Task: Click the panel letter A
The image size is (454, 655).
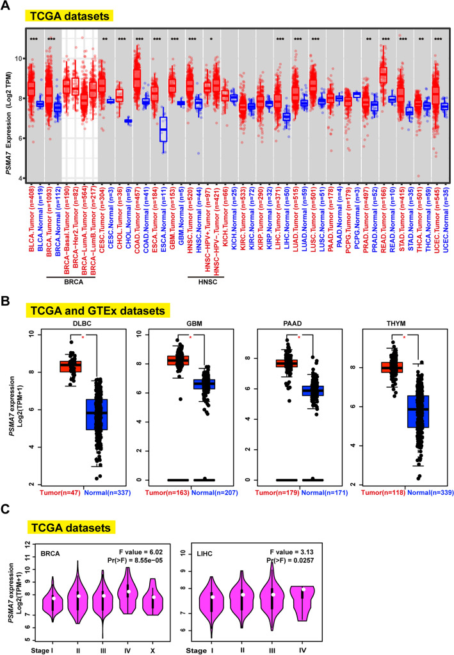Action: click(9, 8)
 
